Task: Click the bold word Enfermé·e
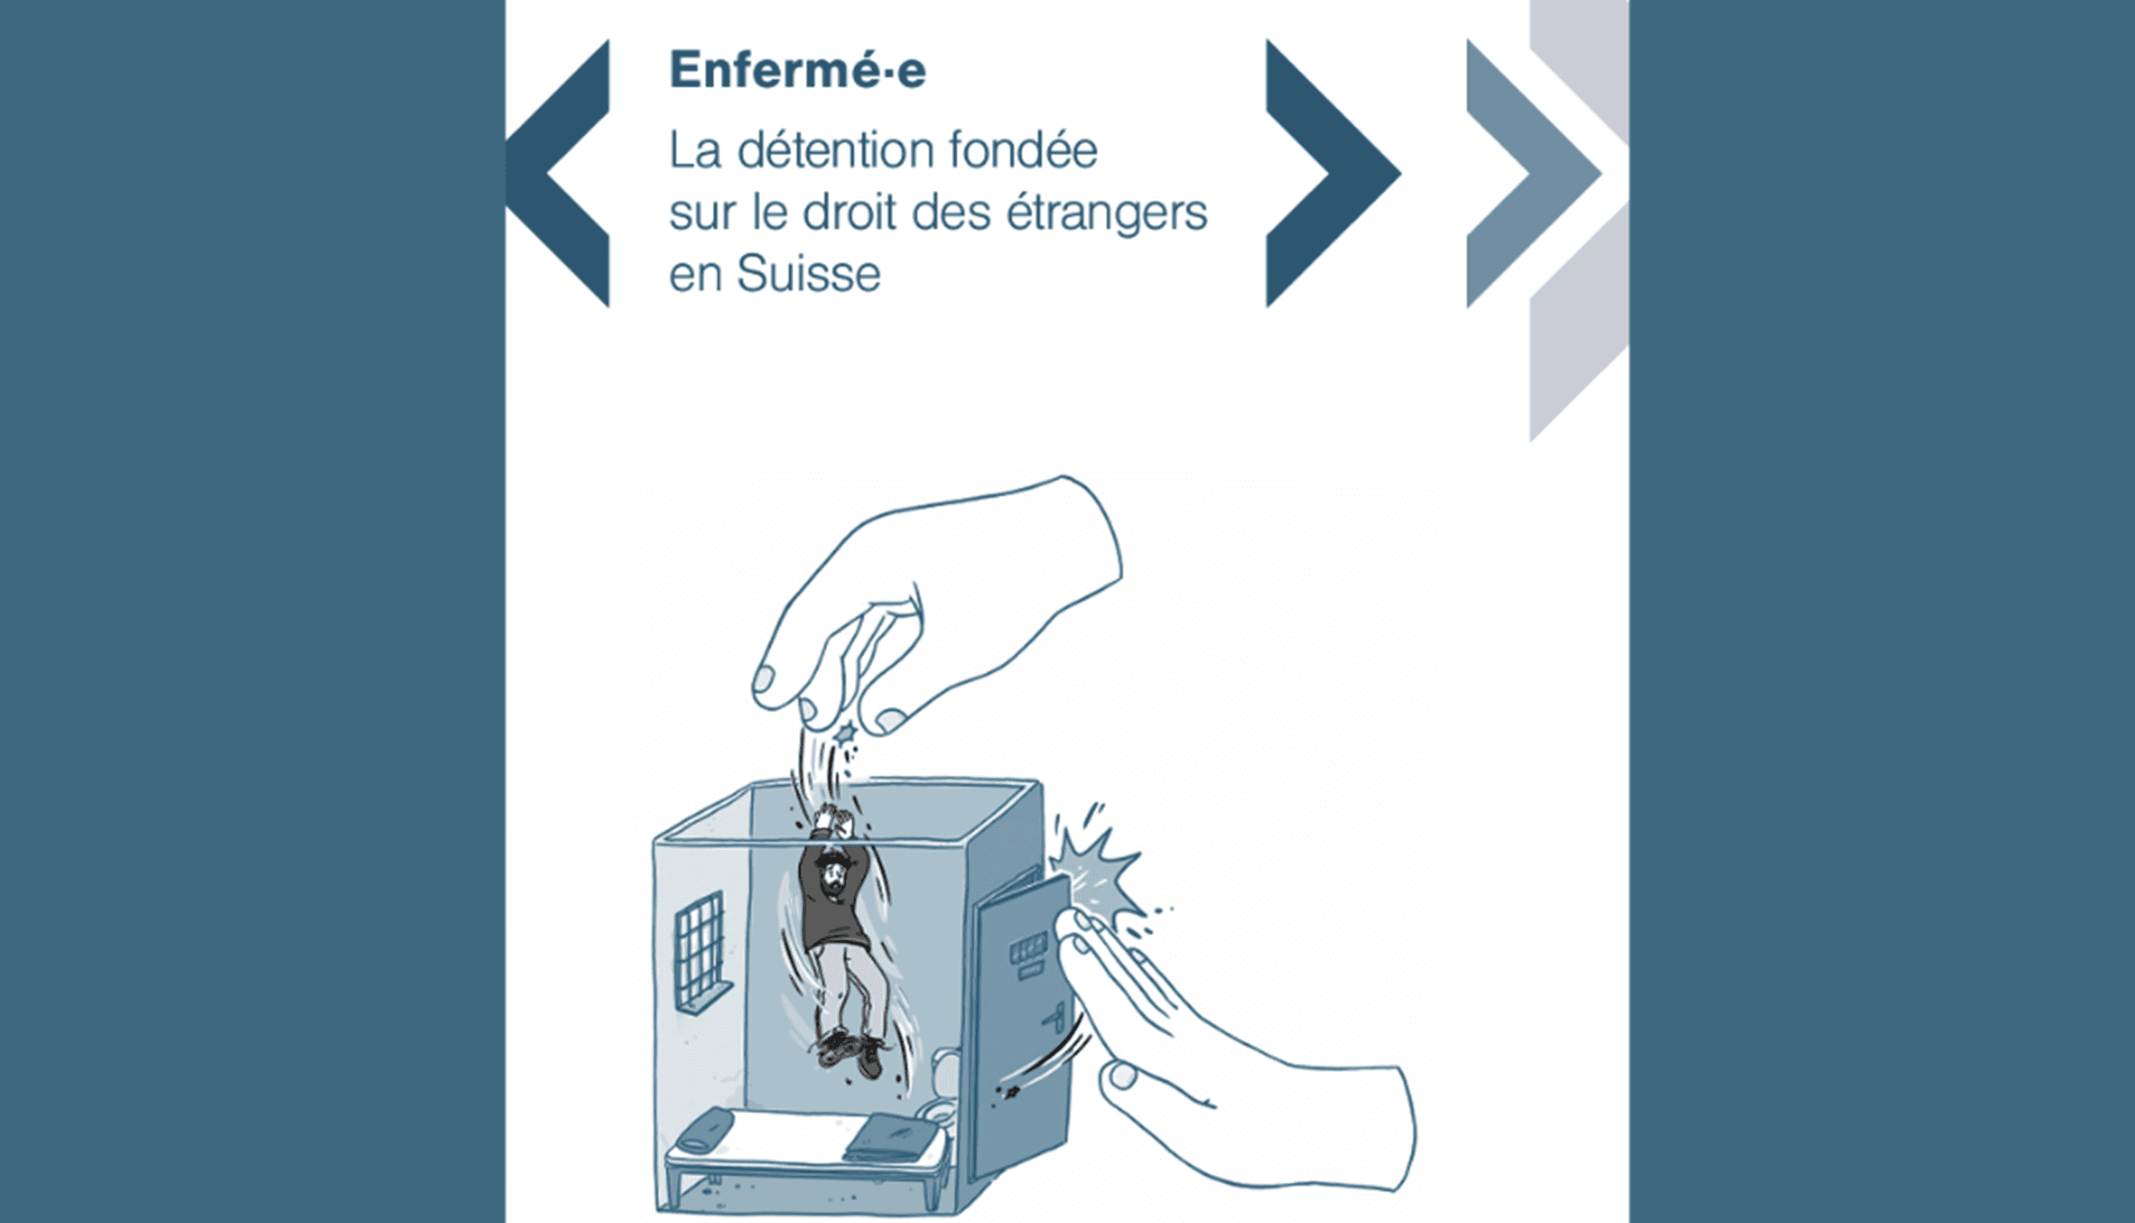(797, 69)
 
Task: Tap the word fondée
(1023, 150)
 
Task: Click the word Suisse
(808, 273)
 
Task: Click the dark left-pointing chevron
(557, 173)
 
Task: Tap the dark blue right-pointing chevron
(1334, 173)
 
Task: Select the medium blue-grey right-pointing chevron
(1535, 173)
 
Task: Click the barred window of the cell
(700, 950)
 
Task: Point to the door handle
(1057, 1018)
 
